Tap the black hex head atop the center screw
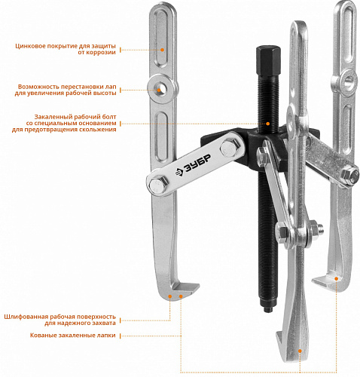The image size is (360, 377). (x=268, y=60)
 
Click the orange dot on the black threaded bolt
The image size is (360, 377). (x=268, y=124)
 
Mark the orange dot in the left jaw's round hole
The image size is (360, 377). (x=159, y=90)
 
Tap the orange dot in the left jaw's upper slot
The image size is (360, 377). (x=162, y=50)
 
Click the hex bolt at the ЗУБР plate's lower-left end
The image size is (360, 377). (x=157, y=185)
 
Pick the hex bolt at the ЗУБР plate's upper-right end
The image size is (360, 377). (x=229, y=149)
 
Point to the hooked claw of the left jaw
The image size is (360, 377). (x=185, y=289)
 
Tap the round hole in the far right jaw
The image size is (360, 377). (x=348, y=81)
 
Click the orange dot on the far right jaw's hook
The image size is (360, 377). (x=337, y=279)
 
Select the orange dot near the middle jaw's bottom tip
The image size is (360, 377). (x=300, y=351)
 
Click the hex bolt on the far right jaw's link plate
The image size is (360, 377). (x=350, y=175)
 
